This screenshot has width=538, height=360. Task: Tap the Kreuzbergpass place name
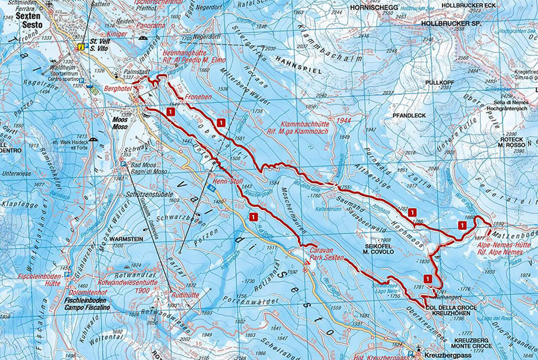click(444, 354)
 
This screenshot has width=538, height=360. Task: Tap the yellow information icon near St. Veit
click(81, 47)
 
